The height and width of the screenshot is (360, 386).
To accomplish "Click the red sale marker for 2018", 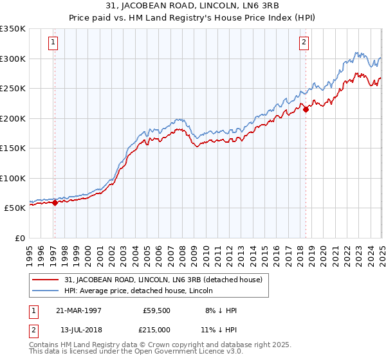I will click(x=306, y=109).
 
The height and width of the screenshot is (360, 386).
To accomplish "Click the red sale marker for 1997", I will click(x=55, y=203).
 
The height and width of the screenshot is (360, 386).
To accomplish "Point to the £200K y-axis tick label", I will click(x=13, y=118).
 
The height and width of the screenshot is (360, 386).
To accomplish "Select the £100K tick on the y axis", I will click(x=13, y=178).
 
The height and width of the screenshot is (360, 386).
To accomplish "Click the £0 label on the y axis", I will click(x=19, y=238).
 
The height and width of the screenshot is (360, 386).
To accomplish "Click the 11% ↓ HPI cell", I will click(x=219, y=328).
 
